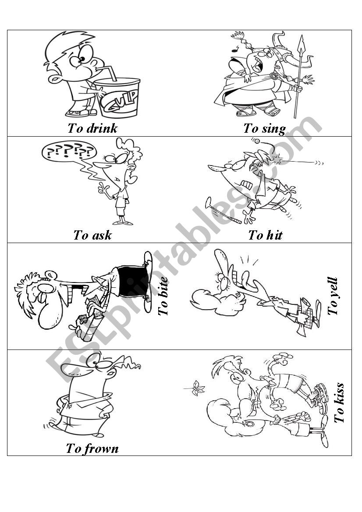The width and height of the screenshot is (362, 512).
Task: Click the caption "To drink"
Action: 92,128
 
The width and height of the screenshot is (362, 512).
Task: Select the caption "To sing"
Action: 264,129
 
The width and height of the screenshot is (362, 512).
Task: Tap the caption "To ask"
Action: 92,235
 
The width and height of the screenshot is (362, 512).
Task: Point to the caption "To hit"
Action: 265,235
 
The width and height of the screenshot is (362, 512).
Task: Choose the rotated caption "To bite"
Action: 163,296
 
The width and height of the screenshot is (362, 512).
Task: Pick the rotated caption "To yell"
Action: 333,296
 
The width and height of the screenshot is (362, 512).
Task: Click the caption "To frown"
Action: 92,448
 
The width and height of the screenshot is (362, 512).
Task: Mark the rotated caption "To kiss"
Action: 339,403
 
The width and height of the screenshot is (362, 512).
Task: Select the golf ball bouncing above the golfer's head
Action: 257,141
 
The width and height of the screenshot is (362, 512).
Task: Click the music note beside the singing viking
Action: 234,49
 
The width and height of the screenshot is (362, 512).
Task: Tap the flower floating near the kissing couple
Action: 196,387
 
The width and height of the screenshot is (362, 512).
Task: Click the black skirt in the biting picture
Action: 130,283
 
